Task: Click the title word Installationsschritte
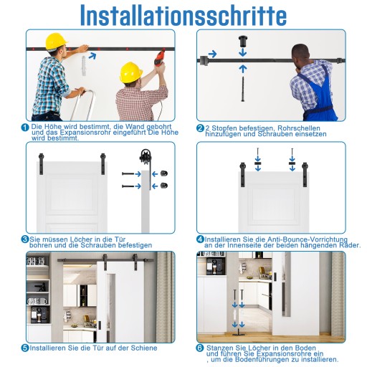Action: pos(183,16)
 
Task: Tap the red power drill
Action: pos(161,57)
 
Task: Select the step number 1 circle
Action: pos(25,128)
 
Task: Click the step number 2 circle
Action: pos(200,128)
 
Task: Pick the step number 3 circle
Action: pos(25,239)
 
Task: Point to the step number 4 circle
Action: pos(200,239)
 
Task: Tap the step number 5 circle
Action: pos(25,348)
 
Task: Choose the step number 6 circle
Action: pos(200,348)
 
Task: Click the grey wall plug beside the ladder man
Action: pos(84,65)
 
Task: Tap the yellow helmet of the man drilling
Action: pos(130,72)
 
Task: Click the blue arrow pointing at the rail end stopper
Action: pos(212,54)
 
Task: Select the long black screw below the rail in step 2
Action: pos(243,89)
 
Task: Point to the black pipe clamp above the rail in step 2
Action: pos(243,41)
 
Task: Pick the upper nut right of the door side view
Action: pos(164,173)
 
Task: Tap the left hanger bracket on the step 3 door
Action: pos(41,163)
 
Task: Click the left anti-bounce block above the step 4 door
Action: pos(257,163)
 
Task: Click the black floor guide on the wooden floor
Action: pos(238,333)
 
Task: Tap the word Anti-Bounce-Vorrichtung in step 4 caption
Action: pos(308,239)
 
